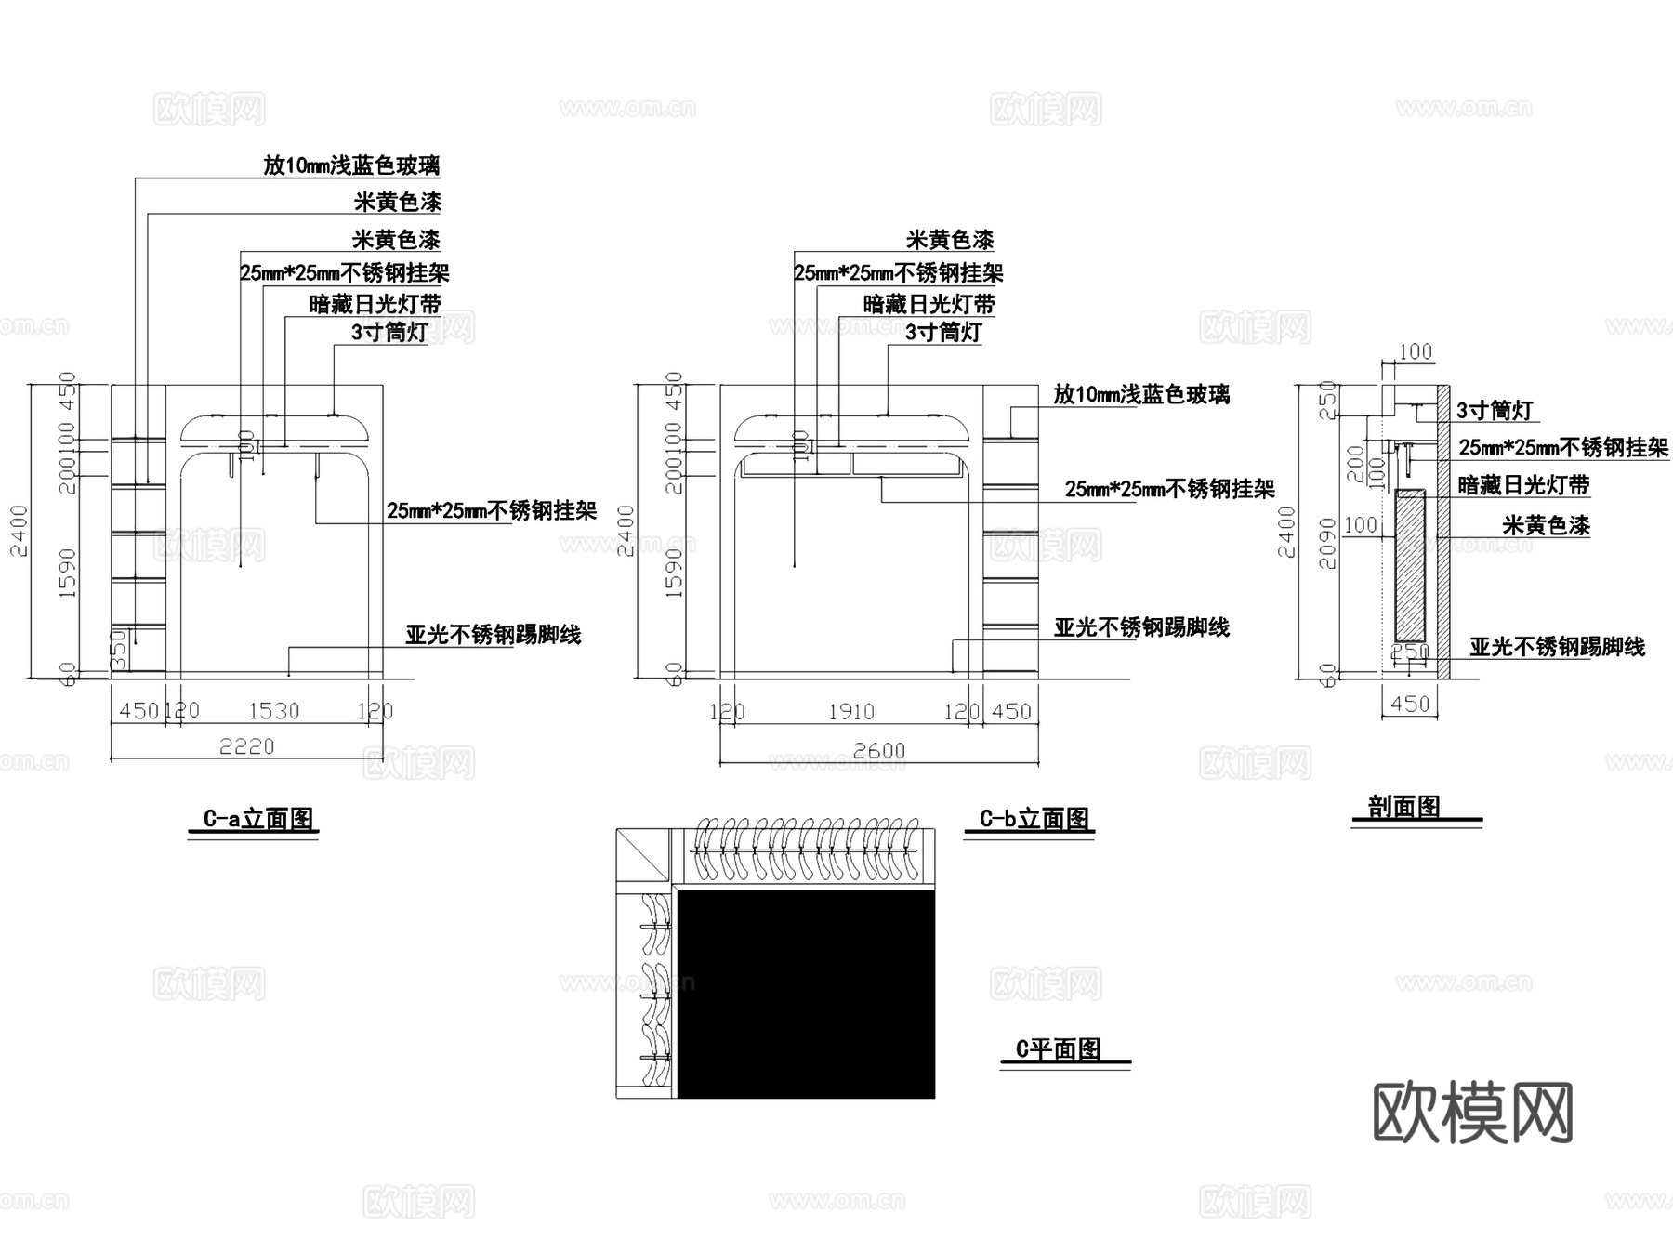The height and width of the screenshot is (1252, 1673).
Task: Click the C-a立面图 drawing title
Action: coord(259,819)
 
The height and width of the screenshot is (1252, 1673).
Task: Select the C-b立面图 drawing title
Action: coord(1034,819)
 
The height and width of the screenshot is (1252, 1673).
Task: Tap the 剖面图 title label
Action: coord(1403,807)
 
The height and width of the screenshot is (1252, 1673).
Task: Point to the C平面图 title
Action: coord(1059,1049)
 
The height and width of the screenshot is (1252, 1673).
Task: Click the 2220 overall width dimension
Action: coord(246,746)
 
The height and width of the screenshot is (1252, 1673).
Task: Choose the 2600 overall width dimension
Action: coord(878,750)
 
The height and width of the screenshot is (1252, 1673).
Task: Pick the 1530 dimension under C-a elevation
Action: coord(273,711)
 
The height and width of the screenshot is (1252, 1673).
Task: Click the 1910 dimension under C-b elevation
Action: coord(850,712)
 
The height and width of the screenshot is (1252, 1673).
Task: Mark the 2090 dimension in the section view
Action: coord(1327,544)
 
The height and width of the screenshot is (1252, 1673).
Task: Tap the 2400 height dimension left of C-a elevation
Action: coord(20,531)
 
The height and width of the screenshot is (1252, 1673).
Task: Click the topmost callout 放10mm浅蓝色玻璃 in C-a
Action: coord(351,165)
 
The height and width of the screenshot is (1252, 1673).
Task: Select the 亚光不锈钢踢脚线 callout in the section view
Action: coord(1557,647)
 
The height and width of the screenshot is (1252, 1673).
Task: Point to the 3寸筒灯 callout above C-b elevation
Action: coord(943,332)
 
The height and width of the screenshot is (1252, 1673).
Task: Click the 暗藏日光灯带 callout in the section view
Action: coord(1523,485)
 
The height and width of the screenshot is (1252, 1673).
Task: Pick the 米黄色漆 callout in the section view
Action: coord(1546,525)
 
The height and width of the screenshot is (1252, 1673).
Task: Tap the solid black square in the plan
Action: coord(806,993)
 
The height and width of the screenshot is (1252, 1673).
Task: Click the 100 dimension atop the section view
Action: coord(1415,351)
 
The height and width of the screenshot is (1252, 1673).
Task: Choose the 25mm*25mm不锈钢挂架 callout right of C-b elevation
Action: coord(1169,489)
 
